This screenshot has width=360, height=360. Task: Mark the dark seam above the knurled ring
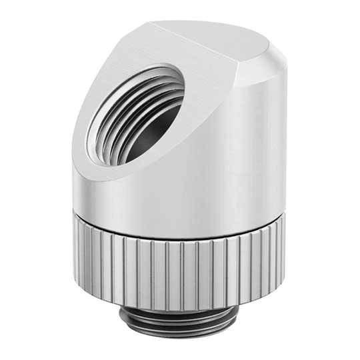point(180,217)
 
